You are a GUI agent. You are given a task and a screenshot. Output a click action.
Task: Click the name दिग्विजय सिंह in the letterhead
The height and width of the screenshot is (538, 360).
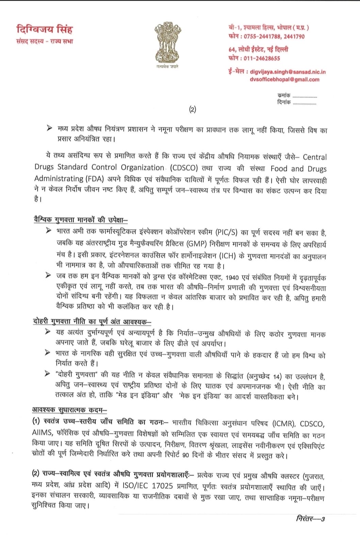[x=44, y=29]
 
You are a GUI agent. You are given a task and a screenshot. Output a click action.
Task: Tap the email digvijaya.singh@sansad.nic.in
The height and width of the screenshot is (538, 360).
[x=288, y=72]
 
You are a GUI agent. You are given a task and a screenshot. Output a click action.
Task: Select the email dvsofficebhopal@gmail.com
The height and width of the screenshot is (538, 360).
[x=284, y=80]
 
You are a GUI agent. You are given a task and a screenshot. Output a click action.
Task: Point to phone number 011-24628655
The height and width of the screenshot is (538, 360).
[x=262, y=58]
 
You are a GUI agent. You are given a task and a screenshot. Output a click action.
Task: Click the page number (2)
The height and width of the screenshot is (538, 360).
[x=193, y=109]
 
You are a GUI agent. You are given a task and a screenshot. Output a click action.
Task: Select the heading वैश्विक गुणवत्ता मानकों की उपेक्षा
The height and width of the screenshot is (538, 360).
[x=81, y=219]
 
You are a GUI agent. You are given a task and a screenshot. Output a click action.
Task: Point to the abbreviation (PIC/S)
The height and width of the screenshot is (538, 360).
[x=226, y=233]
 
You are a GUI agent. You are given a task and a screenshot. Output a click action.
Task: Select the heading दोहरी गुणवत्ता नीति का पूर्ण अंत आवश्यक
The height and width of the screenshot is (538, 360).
[x=92, y=322]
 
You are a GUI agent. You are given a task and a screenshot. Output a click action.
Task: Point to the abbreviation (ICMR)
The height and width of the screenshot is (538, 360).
[x=284, y=424]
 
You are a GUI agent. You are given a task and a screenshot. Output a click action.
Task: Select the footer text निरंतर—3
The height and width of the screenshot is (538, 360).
[x=310, y=519]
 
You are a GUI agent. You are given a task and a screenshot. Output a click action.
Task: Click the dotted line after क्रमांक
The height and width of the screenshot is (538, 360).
[x=305, y=97]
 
